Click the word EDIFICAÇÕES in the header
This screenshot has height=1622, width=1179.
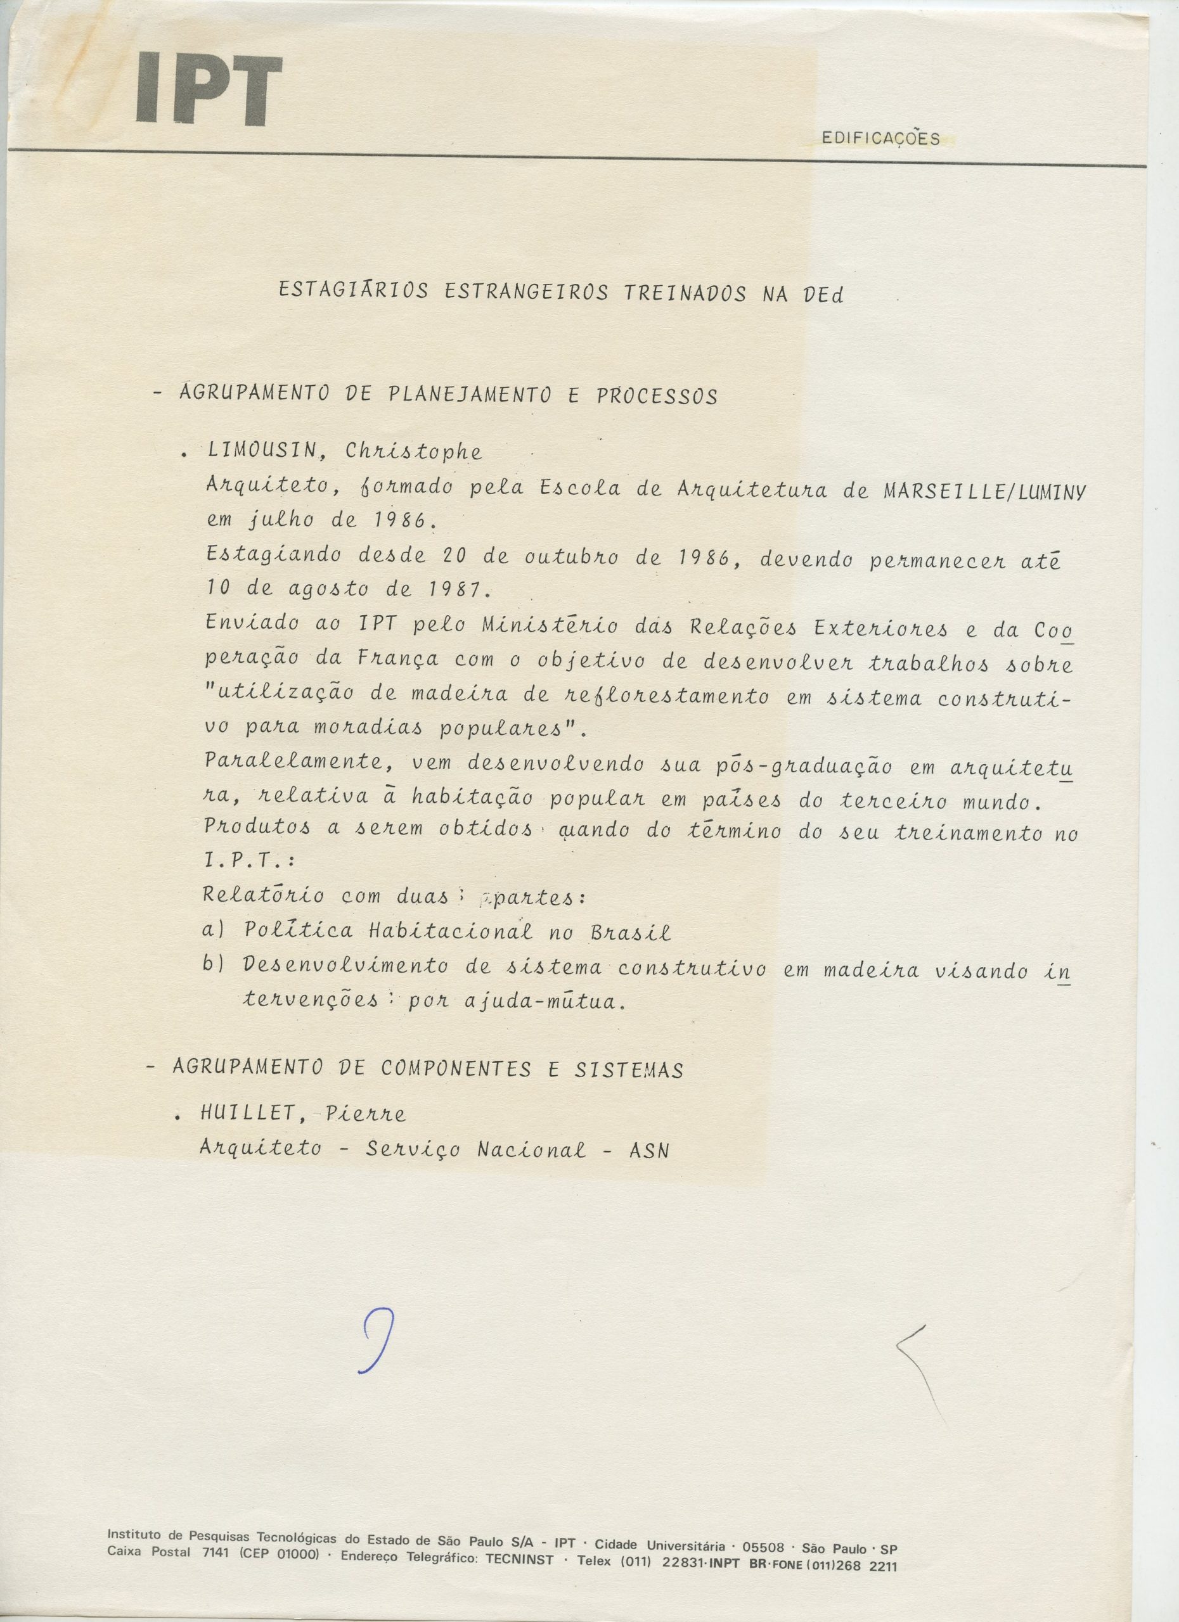(x=880, y=139)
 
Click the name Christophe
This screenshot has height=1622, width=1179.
(x=413, y=452)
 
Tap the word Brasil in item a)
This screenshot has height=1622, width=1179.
(x=630, y=933)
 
